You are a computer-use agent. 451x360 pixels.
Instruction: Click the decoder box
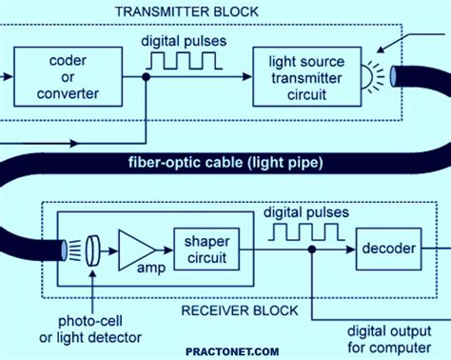coord(387,250)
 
